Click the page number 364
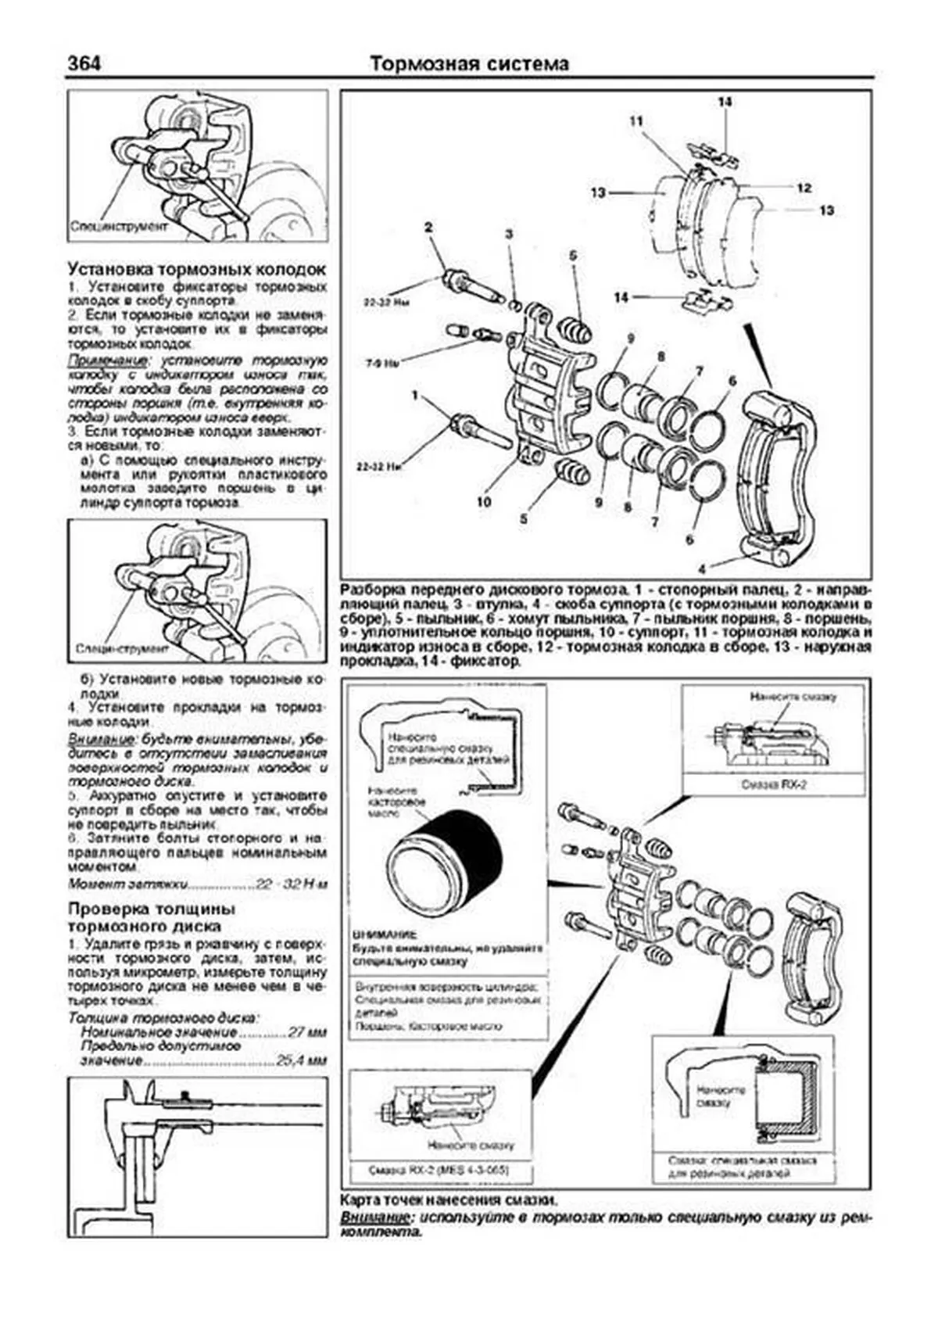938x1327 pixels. pos(85,63)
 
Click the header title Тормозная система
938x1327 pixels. pos(469,63)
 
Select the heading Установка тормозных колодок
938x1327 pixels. pos(197,269)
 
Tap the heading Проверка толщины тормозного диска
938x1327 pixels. pos(152,918)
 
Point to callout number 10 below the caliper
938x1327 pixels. pos(484,501)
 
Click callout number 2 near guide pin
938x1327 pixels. pos(428,228)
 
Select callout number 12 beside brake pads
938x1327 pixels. pos(804,188)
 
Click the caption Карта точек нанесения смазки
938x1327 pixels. pos(449,1199)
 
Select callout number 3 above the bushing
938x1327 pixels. pos(508,234)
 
